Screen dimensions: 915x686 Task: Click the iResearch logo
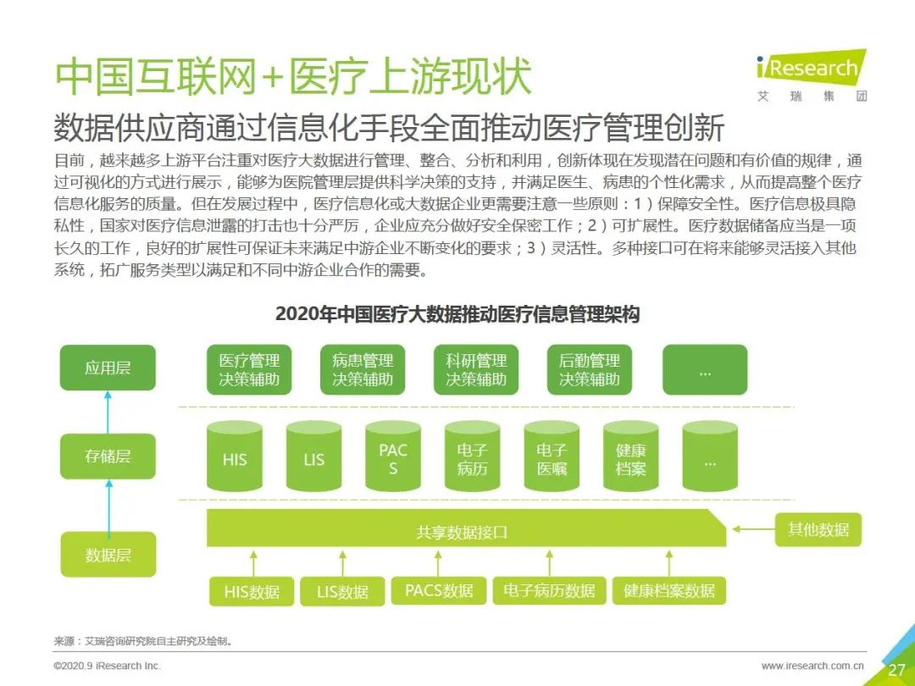pos(811,76)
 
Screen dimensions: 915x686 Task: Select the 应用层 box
pos(108,368)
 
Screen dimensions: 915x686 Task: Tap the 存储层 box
pos(108,456)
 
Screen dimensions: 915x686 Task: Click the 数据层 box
pos(108,554)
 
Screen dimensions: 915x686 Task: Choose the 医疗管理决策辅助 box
pos(249,370)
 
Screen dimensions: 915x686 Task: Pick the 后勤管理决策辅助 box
pos(590,370)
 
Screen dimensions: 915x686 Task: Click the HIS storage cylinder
pos(235,456)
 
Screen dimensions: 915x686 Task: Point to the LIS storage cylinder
pos(314,456)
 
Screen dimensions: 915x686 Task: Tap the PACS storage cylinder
pos(393,456)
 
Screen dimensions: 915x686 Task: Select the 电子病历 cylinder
pos(472,456)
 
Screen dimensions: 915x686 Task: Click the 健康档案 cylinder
pos(631,456)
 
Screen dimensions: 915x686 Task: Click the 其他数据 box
pos(818,529)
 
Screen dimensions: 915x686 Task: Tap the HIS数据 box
pos(252,591)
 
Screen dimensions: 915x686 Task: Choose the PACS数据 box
pos(439,590)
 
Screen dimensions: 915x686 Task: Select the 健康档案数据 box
pos(668,590)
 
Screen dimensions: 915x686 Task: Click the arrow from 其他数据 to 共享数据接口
pos(753,529)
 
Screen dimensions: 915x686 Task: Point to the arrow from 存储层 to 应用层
pos(108,412)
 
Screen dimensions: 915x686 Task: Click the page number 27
pos(896,670)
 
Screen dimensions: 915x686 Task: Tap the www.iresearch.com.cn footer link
pos(812,666)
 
